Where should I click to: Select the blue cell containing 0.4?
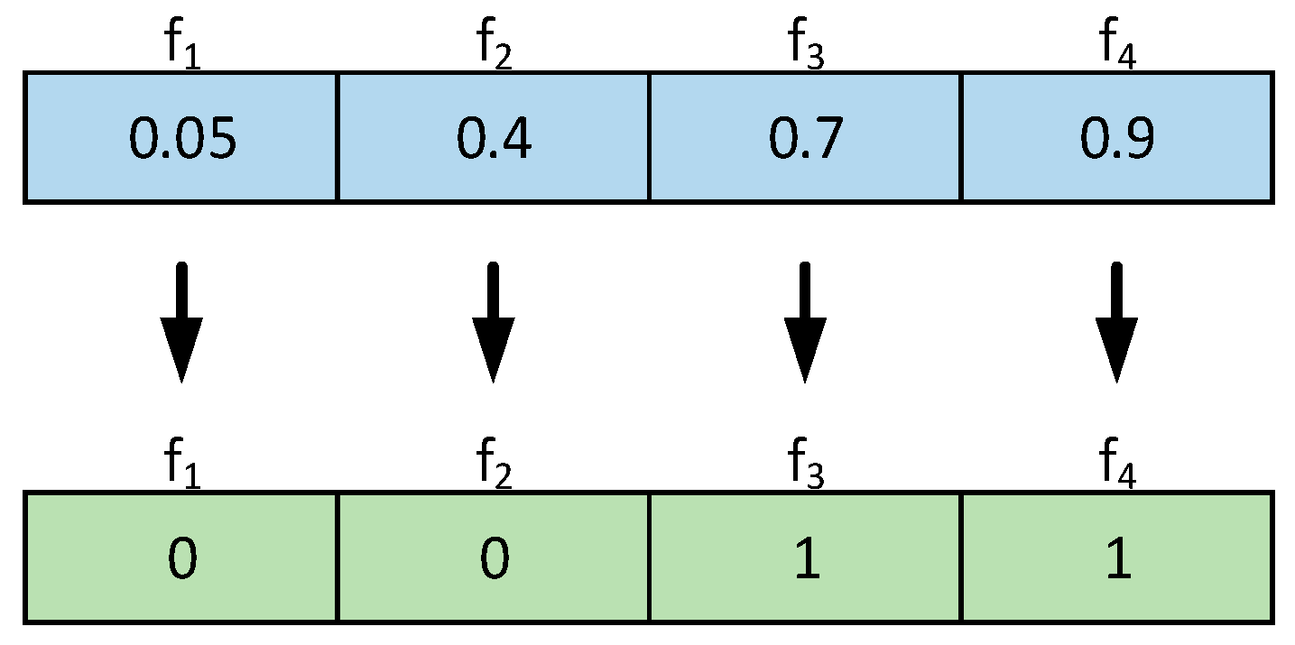(x=493, y=140)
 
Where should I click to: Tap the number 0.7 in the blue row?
(x=805, y=140)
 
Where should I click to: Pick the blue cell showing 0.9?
(x=1117, y=140)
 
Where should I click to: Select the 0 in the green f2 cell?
(x=493, y=559)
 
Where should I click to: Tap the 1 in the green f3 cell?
(x=805, y=559)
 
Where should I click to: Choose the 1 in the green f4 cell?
(x=1117, y=559)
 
